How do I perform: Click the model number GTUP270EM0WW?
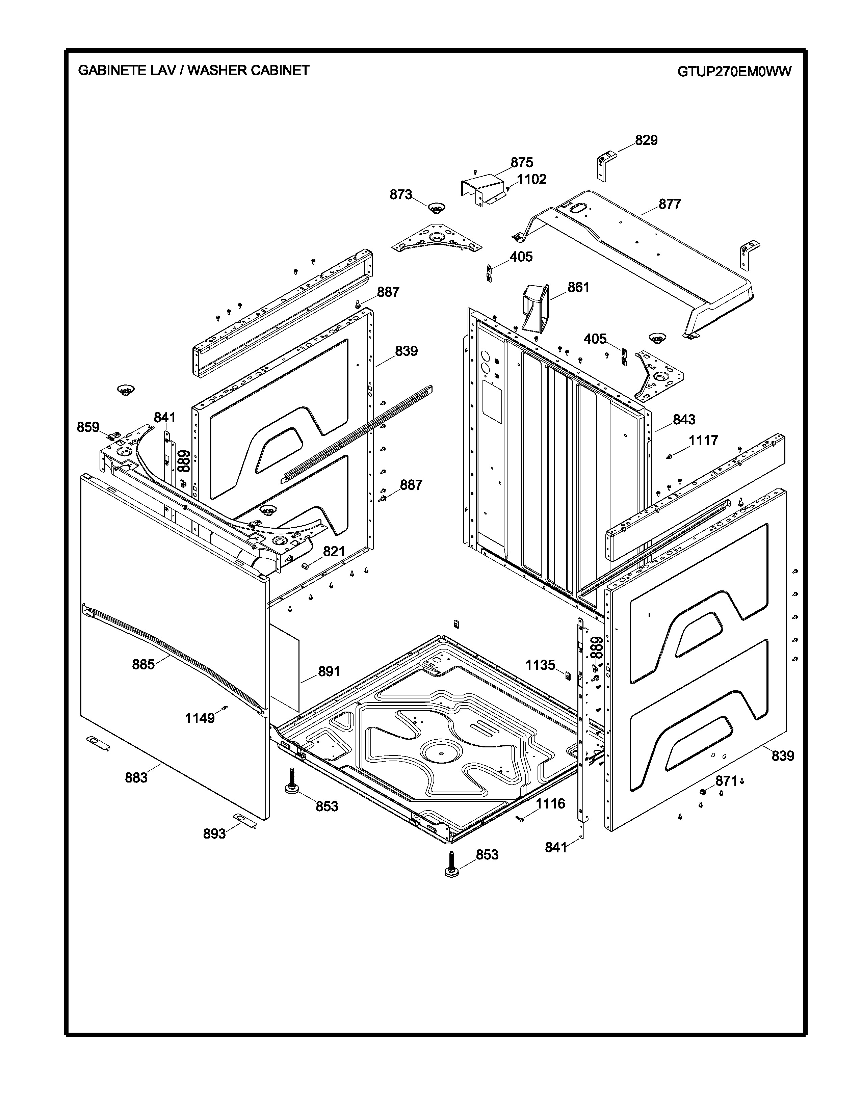[x=734, y=72]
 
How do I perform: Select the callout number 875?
[x=522, y=163]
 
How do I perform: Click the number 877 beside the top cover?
[x=670, y=205]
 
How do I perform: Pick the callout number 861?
[x=578, y=288]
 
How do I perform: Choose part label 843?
[x=683, y=420]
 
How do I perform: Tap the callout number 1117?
[x=703, y=441]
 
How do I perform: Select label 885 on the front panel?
[x=143, y=665]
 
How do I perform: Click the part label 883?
[x=136, y=778]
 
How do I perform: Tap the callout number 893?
[x=214, y=834]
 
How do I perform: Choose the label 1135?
[x=540, y=665]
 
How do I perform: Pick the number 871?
[x=726, y=781]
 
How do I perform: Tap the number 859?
[x=88, y=427]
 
